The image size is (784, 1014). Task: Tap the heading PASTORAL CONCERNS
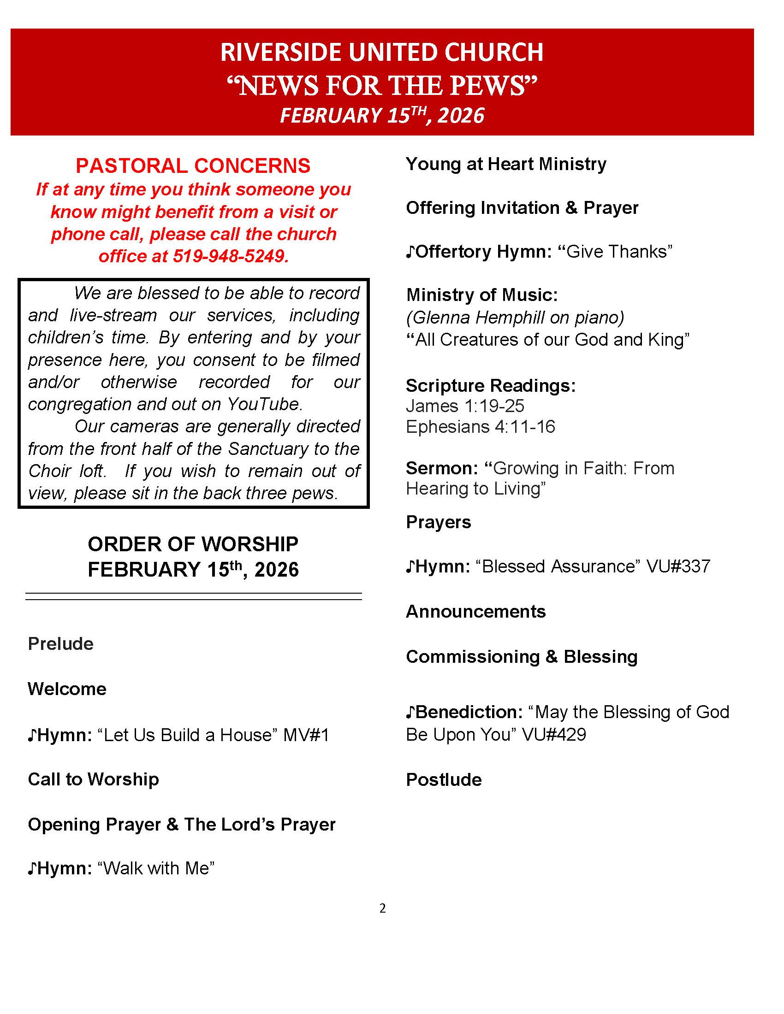coord(193,166)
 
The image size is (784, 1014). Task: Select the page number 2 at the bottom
coord(382,908)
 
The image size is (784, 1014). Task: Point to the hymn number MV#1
coord(306,736)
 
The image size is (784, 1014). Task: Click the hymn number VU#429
coord(553,735)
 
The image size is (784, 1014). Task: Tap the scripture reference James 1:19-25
coord(465,406)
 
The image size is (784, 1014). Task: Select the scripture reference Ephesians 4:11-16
coord(480,427)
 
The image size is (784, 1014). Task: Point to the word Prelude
coord(61,644)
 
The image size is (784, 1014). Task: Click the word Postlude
coord(444,780)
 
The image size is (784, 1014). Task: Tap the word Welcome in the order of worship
coord(67,689)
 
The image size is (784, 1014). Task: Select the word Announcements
coord(475,612)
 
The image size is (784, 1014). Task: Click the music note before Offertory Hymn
coord(410,252)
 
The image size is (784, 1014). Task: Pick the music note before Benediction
coord(410,713)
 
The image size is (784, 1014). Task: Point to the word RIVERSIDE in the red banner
coord(282,52)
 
